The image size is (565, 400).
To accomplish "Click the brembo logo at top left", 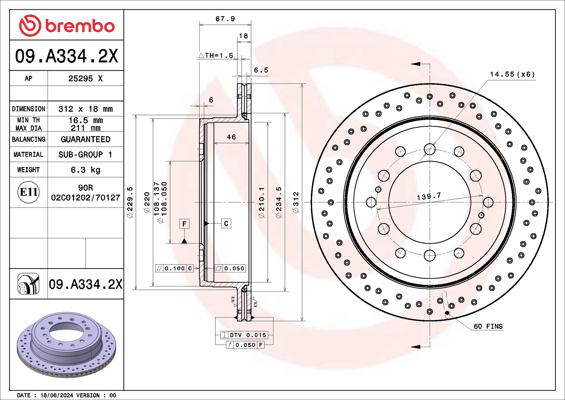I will click(x=67, y=26).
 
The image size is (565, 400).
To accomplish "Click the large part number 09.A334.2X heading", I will click(x=67, y=56).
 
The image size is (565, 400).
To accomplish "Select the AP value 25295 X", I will click(x=85, y=78).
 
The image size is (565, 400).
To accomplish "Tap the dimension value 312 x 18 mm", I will click(x=85, y=109).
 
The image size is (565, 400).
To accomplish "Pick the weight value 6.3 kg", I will click(x=85, y=170).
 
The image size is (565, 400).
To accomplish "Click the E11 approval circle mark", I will click(x=28, y=192).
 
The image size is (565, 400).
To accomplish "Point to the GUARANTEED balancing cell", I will click(x=85, y=139).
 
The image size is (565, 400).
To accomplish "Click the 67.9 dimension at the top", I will click(x=225, y=19).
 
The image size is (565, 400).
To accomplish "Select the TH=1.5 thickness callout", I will click(x=216, y=56).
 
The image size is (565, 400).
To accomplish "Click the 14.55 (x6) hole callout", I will click(x=512, y=74).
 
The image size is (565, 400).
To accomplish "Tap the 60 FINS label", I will click(x=488, y=326).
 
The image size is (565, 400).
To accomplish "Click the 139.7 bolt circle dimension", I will click(x=429, y=196).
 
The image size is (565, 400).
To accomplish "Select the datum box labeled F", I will click(x=184, y=224).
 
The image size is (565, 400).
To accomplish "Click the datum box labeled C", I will click(x=226, y=224).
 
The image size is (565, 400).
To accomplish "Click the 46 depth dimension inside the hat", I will click(x=231, y=137).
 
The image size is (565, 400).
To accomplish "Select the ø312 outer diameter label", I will click(x=296, y=202).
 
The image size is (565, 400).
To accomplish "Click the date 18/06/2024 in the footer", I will click(x=57, y=395).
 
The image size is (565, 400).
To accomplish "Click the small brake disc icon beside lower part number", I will click(x=28, y=284).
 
